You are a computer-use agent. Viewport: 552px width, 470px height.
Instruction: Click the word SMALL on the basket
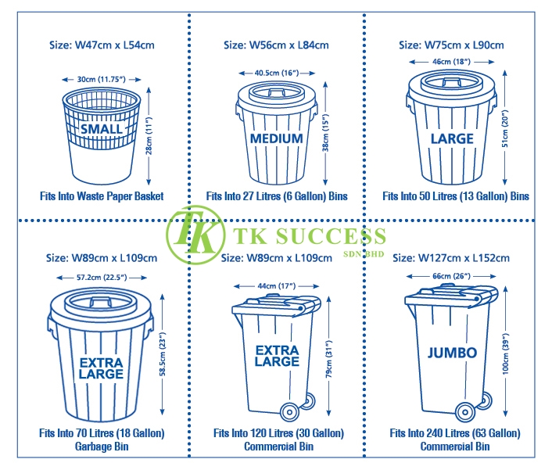[x=102, y=129]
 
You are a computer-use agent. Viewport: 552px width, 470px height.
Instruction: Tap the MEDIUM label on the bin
[x=276, y=138]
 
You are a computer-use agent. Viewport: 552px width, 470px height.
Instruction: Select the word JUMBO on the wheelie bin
[x=453, y=353]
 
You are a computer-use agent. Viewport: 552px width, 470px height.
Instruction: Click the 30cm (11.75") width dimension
[x=102, y=80]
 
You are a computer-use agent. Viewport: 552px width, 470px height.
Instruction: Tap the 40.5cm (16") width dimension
[x=277, y=73]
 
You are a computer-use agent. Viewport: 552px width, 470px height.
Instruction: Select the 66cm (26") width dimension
[x=451, y=276]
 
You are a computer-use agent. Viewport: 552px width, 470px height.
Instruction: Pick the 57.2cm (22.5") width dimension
[x=102, y=278]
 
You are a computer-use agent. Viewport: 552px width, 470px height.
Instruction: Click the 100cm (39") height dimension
[x=506, y=353]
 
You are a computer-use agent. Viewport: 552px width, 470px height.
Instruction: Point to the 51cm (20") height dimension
[x=505, y=128]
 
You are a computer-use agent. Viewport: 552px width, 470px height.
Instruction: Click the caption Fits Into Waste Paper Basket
[x=102, y=196]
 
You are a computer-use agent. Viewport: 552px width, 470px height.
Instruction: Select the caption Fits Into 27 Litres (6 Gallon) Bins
[x=277, y=196]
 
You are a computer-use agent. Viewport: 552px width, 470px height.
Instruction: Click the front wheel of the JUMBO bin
[x=465, y=411]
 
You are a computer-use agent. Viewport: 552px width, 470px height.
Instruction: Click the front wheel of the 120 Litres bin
[x=289, y=411]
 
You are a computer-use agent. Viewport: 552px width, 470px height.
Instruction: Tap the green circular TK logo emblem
[x=195, y=235]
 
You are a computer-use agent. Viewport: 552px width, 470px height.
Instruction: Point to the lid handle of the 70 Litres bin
[x=101, y=302]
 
